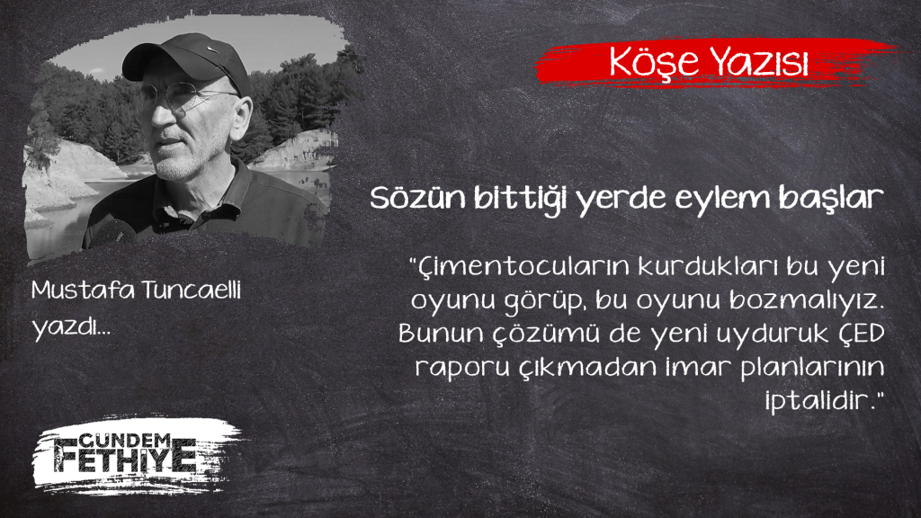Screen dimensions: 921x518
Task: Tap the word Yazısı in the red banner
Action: point(758,61)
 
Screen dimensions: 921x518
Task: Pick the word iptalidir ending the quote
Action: point(820,400)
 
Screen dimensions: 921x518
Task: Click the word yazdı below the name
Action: point(67,326)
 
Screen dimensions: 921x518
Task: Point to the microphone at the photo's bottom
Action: point(114,233)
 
